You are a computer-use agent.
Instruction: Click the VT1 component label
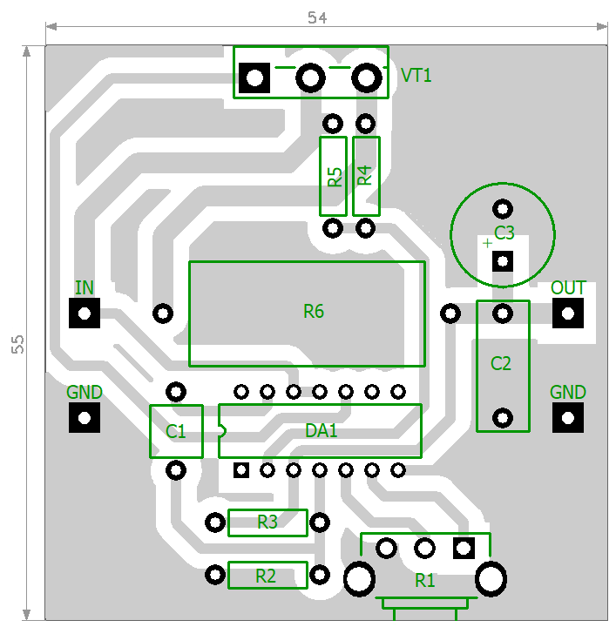(416, 75)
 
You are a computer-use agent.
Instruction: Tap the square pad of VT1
(254, 78)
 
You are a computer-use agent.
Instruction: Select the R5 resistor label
(335, 177)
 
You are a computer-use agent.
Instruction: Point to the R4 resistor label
(364, 175)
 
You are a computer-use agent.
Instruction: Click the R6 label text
(314, 311)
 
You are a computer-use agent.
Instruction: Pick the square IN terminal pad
(85, 313)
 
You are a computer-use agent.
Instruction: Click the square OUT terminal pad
(568, 313)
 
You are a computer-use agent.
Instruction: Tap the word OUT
(568, 287)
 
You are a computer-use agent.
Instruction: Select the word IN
(85, 287)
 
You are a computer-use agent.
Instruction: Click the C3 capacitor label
(504, 233)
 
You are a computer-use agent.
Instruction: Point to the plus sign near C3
(487, 243)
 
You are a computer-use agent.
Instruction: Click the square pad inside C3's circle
(503, 261)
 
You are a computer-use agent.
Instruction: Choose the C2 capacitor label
(501, 363)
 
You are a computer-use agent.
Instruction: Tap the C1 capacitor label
(176, 431)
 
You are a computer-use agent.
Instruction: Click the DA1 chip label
(322, 431)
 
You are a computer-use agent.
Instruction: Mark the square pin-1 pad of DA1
(241, 470)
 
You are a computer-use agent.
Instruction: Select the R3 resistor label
(267, 522)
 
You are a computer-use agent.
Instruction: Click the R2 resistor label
(266, 576)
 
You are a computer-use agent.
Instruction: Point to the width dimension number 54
(317, 17)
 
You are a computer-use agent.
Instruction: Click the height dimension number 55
(17, 344)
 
